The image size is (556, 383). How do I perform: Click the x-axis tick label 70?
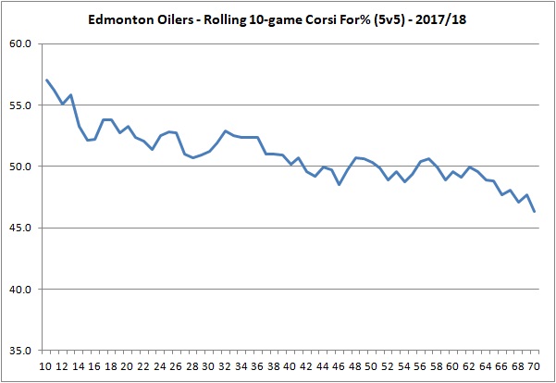point(536,365)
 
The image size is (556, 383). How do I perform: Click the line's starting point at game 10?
point(46,80)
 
